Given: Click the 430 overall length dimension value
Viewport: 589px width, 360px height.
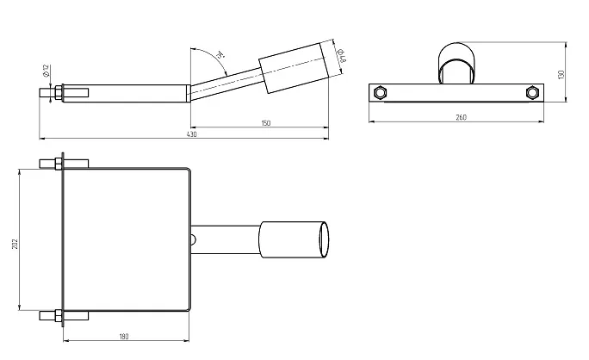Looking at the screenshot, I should pos(191,134).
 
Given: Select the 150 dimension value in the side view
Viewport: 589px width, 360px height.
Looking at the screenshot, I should pos(265,124).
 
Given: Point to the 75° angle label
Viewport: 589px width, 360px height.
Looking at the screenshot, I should pos(220,56).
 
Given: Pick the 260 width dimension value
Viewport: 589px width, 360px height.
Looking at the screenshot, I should pos(462,117).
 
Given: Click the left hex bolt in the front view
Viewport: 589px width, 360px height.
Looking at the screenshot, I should pos(378,92).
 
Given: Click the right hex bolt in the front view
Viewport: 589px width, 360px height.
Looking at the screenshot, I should pos(531,92).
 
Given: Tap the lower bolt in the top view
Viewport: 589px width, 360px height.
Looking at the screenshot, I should pos(59,314).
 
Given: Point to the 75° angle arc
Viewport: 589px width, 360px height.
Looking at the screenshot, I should pos(207,57).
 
